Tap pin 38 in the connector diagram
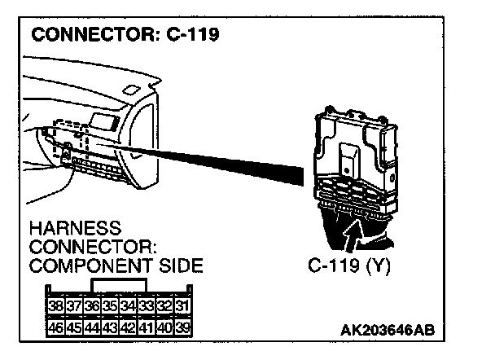(56, 307)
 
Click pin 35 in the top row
(109, 307)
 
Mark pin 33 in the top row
(145, 307)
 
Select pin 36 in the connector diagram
(91, 307)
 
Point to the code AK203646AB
(389, 330)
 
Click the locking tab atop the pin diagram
(119, 286)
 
